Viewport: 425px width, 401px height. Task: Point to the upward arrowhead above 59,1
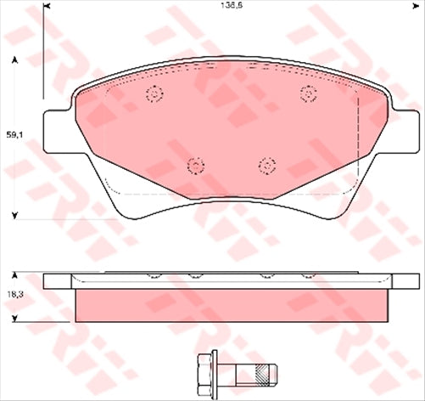pyautogui.click(x=14, y=60)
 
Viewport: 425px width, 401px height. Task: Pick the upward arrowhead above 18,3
pyautogui.click(x=14, y=276)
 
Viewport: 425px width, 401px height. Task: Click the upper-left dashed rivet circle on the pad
pyautogui.click(x=154, y=94)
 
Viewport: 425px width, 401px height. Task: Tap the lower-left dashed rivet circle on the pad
pyautogui.click(x=195, y=165)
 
